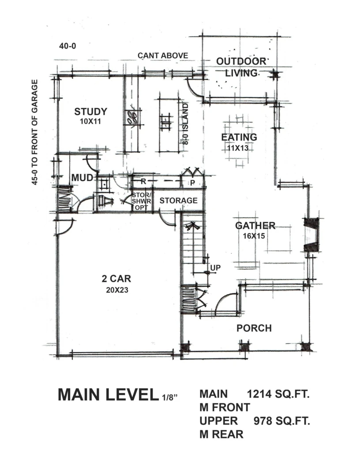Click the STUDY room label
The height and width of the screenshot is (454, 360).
[91, 112]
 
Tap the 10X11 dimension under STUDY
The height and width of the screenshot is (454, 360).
[90, 122]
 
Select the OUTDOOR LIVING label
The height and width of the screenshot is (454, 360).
[241, 67]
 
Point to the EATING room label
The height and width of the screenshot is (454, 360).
[239, 137]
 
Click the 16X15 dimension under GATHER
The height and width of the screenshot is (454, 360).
[254, 236]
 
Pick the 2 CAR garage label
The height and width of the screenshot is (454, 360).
[116, 279]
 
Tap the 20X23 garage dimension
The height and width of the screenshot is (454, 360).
[117, 290]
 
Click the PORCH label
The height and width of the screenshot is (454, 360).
[254, 328]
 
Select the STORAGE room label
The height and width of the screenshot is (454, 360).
[179, 201]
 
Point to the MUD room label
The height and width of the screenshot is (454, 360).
[82, 178]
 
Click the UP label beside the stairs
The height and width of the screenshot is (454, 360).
[215, 268]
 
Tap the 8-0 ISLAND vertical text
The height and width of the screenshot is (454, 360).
[186, 124]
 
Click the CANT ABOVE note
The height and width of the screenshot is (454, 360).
[163, 55]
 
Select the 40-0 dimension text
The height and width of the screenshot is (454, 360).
[67, 46]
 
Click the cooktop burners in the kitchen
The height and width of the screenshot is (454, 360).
[132, 117]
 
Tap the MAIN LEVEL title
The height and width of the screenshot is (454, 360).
[106, 394]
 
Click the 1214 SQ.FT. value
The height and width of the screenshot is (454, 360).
[278, 394]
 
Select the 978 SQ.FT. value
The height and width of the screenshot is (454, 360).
[282, 421]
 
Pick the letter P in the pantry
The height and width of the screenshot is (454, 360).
[193, 183]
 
